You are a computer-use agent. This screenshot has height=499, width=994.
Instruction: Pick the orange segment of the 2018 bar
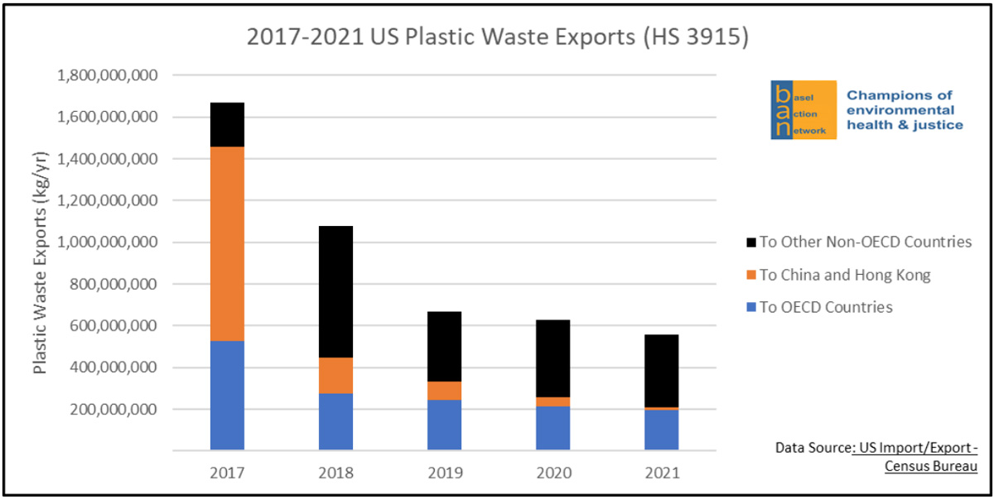[335, 375]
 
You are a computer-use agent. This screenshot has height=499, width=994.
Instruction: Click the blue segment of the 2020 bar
[552, 428]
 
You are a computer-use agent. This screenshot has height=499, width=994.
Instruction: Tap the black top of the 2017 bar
[227, 124]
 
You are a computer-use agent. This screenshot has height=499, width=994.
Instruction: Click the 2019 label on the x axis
[444, 473]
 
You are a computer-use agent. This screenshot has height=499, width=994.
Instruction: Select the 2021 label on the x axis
[661, 473]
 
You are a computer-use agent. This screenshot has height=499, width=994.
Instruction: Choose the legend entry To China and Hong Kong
[837, 275]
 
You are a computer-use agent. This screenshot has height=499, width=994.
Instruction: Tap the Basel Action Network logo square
[803, 109]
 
